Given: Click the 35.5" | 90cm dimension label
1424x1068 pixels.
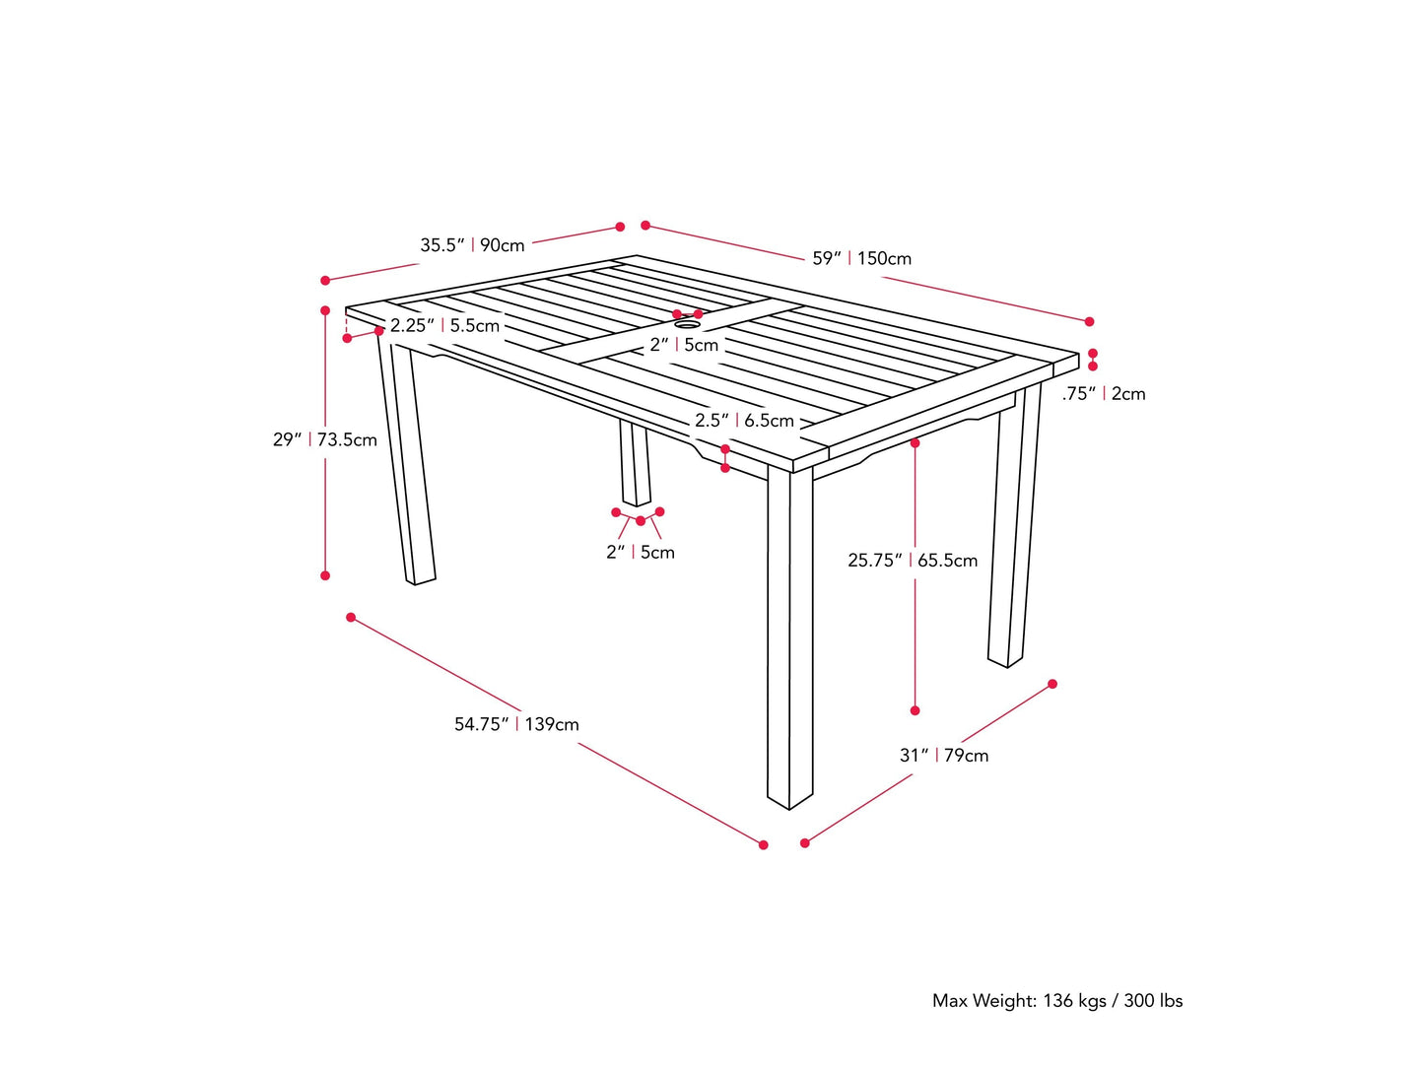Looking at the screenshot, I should pyautogui.click(x=472, y=245).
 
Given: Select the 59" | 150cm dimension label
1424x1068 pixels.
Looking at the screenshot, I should pyautogui.click(x=861, y=259).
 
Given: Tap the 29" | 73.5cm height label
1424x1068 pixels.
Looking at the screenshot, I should pyautogui.click(x=325, y=439).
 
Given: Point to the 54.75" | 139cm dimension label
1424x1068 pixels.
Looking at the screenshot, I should pyautogui.click(x=516, y=724).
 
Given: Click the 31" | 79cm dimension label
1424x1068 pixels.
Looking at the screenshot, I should pyautogui.click(x=943, y=756).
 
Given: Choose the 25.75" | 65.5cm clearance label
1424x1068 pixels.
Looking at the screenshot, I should pyautogui.click(x=913, y=561).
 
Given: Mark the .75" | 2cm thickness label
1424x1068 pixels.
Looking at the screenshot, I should pyautogui.click(x=1104, y=394).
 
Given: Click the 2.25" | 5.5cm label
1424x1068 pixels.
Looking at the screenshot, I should pyautogui.click(x=444, y=326).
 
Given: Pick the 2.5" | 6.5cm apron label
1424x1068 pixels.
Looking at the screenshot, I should pyautogui.click(x=744, y=421).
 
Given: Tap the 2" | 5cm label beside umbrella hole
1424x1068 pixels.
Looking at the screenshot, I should pyautogui.click(x=684, y=345).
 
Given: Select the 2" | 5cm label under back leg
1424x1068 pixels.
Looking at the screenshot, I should pyautogui.click(x=641, y=553).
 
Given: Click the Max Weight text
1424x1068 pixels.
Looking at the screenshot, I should pyautogui.click(x=1057, y=1001).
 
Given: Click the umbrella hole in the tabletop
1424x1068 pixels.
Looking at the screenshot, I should pyautogui.click(x=687, y=323).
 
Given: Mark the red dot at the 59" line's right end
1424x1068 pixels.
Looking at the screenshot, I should pyautogui.click(x=1089, y=321).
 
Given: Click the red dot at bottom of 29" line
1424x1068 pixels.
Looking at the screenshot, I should pyautogui.click(x=325, y=575).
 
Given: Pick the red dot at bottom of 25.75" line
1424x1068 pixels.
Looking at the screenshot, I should pyautogui.click(x=915, y=710).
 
